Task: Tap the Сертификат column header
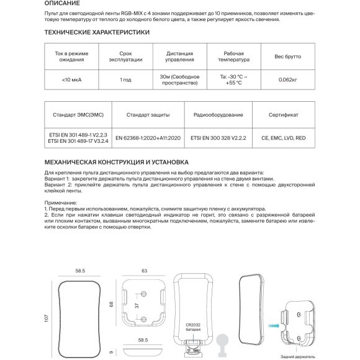(283, 115)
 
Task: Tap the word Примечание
(64, 203)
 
